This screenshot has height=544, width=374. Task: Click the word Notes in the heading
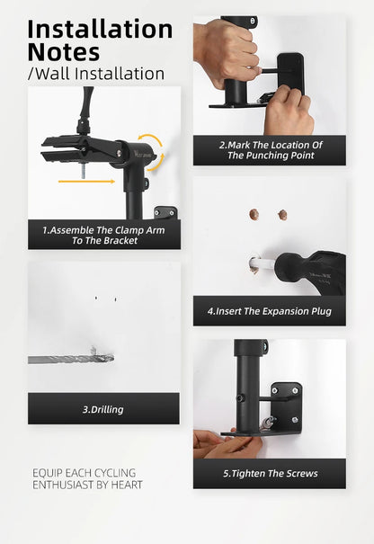(x=64, y=52)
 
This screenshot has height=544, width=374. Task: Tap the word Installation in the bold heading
(x=100, y=29)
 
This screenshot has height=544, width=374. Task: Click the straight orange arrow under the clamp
(x=86, y=182)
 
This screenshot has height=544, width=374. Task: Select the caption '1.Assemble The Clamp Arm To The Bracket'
(x=103, y=236)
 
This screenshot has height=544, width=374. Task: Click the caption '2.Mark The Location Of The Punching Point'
(x=271, y=150)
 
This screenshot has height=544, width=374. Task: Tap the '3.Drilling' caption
(x=103, y=409)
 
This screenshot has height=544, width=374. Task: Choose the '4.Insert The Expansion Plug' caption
(x=269, y=311)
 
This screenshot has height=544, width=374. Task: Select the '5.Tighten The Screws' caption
(x=271, y=473)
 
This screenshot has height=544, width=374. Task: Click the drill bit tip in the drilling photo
(x=111, y=358)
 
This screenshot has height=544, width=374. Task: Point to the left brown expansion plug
(x=254, y=214)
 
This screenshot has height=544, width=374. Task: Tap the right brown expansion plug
(x=283, y=215)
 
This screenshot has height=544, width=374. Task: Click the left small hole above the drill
(x=96, y=298)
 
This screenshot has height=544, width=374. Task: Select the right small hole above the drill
(x=115, y=299)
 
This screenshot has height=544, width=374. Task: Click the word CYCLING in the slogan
(x=115, y=473)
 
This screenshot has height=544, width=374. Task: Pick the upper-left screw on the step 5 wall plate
(x=275, y=390)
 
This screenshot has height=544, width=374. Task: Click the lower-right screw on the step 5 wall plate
(x=295, y=420)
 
